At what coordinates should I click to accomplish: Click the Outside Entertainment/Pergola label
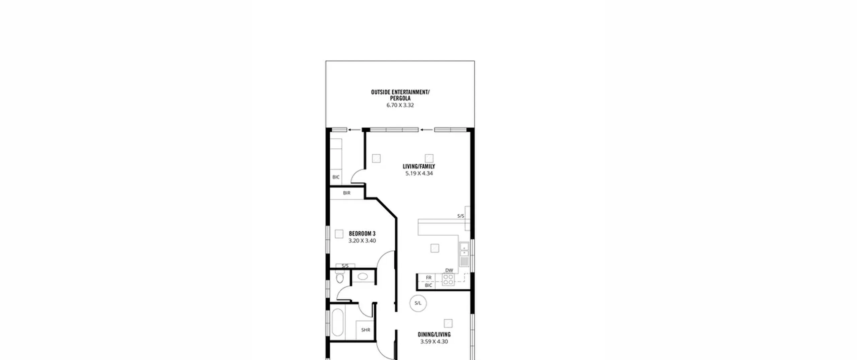click(400, 95)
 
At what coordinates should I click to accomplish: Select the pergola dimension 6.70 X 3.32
click(400, 105)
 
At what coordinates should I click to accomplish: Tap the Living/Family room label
click(419, 166)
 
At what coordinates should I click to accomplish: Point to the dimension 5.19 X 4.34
click(419, 173)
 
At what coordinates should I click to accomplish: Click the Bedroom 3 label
click(362, 234)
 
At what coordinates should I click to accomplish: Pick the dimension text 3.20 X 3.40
click(362, 241)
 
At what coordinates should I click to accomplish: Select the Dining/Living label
click(434, 335)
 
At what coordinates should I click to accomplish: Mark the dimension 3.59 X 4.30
click(434, 342)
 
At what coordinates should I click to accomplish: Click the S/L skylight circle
click(418, 303)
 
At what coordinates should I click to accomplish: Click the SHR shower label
click(366, 330)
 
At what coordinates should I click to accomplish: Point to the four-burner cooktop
click(448, 280)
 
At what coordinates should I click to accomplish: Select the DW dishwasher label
click(449, 271)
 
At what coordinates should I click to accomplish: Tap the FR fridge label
click(428, 278)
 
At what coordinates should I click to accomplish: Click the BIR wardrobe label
click(346, 193)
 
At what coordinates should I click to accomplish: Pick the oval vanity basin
click(363, 277)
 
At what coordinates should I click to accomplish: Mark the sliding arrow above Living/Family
click(426, 130)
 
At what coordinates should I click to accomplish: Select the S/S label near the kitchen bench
click(461, 216)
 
